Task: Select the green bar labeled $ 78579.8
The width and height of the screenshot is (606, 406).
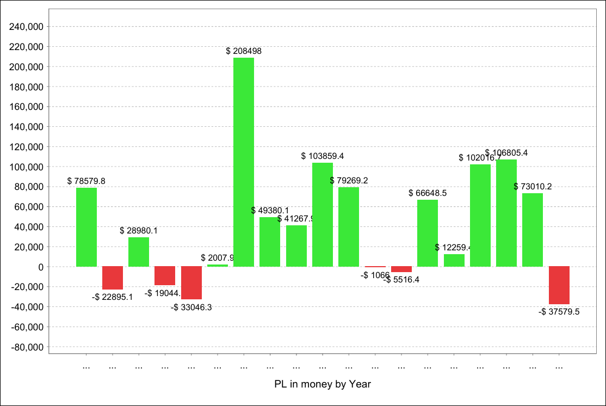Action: click(86, 227)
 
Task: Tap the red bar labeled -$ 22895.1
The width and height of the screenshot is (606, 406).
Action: click(113, 278)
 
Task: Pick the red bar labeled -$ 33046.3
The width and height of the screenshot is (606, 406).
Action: click(191, 282)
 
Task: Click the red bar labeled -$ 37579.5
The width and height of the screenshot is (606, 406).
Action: click(559, 285)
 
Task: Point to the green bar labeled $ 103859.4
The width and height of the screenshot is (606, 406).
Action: click(323, 214)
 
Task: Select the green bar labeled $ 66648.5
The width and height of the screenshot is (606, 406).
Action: click(428, 233)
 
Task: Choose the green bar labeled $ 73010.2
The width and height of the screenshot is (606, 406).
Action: click(533, 230)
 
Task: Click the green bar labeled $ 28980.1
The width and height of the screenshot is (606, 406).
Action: click(139, 251)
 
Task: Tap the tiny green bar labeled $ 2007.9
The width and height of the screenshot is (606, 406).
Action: click(218, 265)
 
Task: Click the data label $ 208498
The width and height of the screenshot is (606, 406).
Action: click(244, 51)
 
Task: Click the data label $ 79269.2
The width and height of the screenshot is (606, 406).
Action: click(349, 180)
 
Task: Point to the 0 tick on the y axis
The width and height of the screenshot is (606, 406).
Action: click(40, 267)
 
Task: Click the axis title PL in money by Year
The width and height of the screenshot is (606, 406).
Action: click(323, 384)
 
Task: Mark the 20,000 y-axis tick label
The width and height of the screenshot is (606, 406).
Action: click(30, 247)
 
